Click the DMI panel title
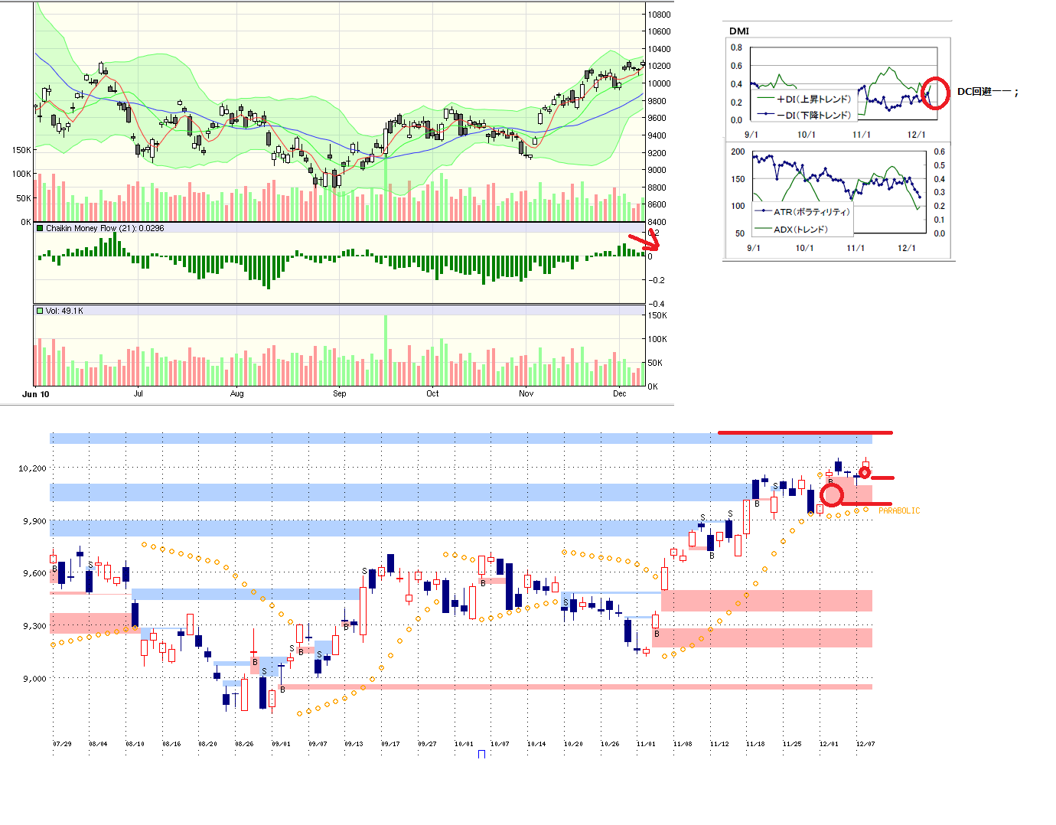tap(738, 31)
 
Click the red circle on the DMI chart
tap(934, 93)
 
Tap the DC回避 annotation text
tap(987, 92)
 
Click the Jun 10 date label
tap(36, 394)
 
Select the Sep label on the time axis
tap(339, 393)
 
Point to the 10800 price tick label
tap(659, 15)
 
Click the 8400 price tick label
tap(657, 222)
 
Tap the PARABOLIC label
tap(899, 510)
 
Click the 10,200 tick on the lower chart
tap(32, 468)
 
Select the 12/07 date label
tap(865, 744)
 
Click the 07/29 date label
tap(62, 744)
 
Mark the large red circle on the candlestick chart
tap(831, 494)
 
